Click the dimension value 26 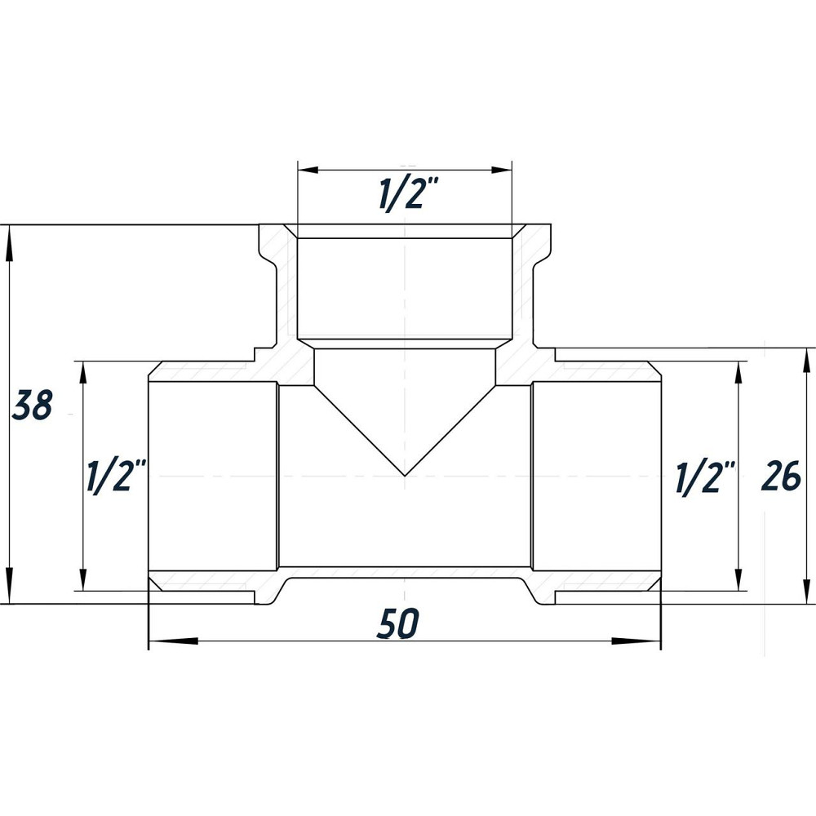coord(781,477)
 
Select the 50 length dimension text coord(398,623)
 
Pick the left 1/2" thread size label coord(116,477)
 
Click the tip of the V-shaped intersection coord(406,475)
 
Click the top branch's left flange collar coord(271,245)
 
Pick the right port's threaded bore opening coord(596,477)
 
